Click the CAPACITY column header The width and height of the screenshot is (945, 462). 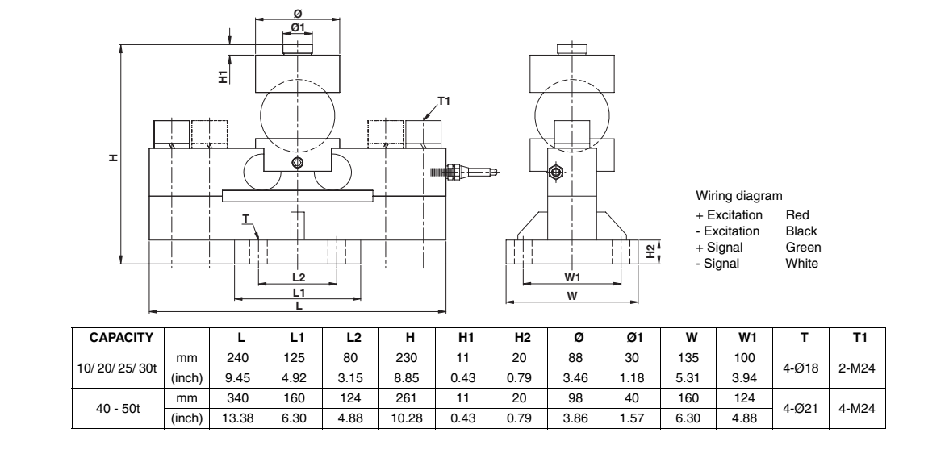click(x=119, y=335)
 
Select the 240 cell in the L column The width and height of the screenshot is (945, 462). click(x=240, y=356)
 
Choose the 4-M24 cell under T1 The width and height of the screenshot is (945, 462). click(x=858, y=407)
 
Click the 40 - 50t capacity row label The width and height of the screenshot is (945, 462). click(x=119, y=407)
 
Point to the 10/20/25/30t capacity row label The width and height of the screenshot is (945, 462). click(x=119, y=366)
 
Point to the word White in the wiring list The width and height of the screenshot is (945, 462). click(x=802, y=263)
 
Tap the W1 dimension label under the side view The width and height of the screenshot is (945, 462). click(x=572, y=277)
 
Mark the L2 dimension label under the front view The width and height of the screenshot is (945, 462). click(x=298, y=277)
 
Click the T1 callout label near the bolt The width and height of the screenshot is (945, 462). click(x=443, y=102)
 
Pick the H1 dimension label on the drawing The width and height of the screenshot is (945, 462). click(x=222, y=76)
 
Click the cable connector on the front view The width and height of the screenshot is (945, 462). click(x=464, y=171)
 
